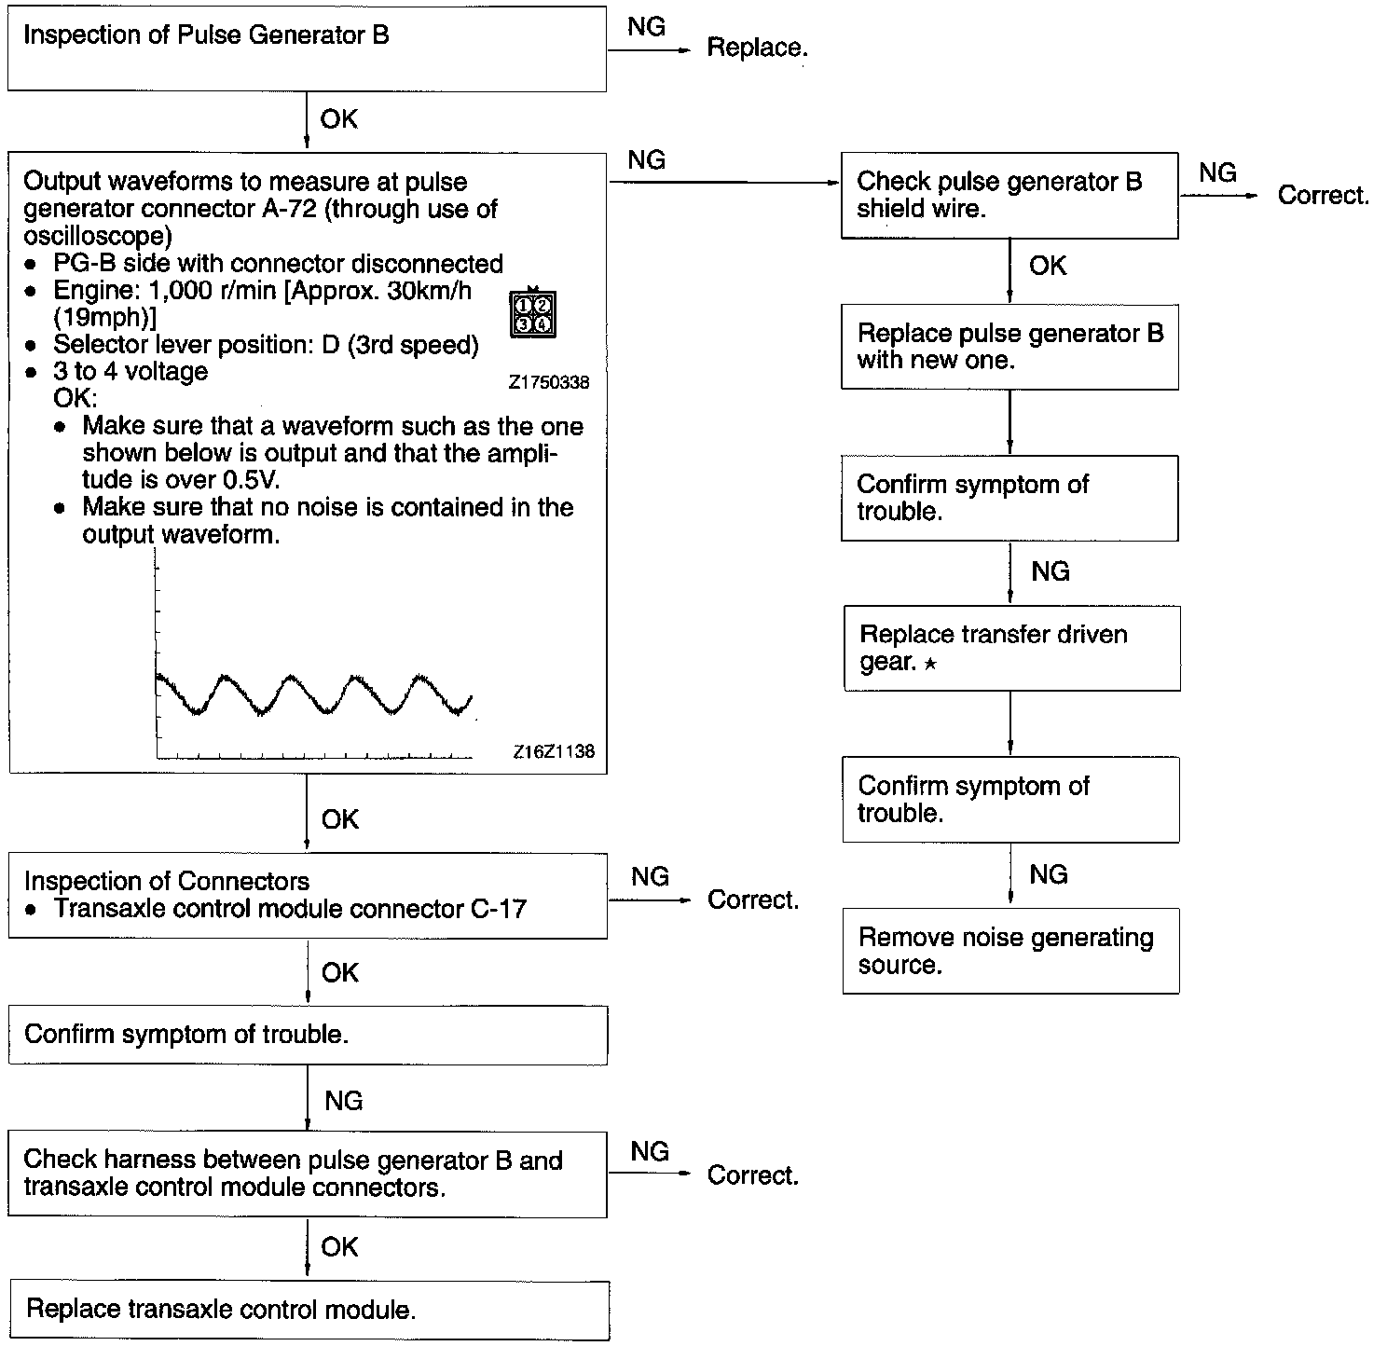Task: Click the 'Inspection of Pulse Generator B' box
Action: pos(307,49)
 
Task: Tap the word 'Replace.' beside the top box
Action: pos(757,48)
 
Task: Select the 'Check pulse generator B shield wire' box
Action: pos(1009,196)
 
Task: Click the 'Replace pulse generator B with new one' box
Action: pos(1009,347)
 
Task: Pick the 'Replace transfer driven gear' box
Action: pos(1011,649)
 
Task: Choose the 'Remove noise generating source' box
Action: pos(1010,951)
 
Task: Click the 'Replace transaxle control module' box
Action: pos(309,1311)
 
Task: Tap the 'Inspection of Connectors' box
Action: pos(308,896)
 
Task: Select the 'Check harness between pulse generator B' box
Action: pos(308,1174)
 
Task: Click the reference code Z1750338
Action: pos(549,382)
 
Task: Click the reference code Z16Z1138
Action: pos(554,751)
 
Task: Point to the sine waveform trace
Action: pos(313,695)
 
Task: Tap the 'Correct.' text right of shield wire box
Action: pos(1323,196)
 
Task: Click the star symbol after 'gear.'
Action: pos(930,664)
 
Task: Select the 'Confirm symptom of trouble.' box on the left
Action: pos(308,1036)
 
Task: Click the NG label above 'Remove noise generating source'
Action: pos(1049,874)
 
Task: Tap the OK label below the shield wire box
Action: pos(1048,267)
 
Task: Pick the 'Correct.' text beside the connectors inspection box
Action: pos(753,900)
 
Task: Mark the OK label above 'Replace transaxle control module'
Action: pos(339,1247)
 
